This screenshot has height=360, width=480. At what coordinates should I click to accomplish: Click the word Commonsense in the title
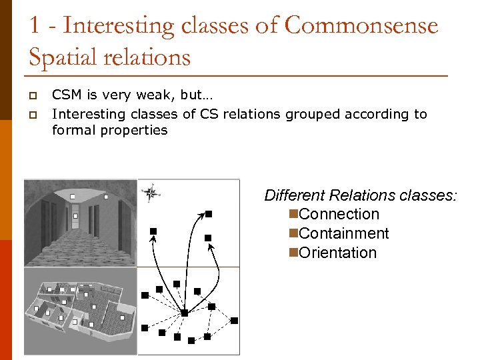tap(361, 26)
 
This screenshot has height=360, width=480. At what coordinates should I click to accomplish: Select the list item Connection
tap(339, 214)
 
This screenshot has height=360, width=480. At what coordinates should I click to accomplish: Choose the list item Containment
tap(344, 233)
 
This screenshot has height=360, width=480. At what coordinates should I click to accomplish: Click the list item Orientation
tap(338, 253)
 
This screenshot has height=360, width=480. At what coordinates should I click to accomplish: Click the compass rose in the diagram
tap(151, 193)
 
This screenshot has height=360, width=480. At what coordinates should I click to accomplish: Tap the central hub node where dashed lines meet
tap(185, 313)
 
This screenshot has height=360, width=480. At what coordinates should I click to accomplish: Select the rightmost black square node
tap(234, 321)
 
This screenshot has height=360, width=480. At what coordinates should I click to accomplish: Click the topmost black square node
tap(208, 214)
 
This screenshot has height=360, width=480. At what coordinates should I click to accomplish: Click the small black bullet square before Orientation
tap(293, 253)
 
